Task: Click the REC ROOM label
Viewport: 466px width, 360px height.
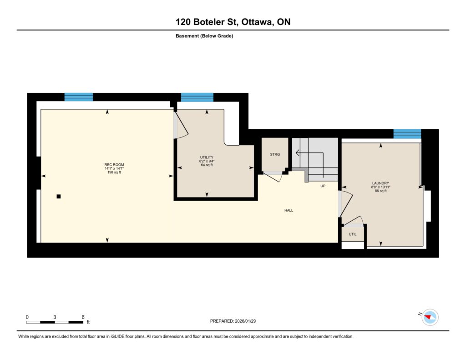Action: tap(114, 165)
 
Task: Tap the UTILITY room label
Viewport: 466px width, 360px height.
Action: tap(207, 157)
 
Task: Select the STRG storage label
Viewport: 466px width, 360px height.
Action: tap(275, 154)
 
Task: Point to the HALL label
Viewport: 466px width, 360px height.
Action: tap(289, 210)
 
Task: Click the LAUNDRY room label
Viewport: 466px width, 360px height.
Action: tap(381, 183)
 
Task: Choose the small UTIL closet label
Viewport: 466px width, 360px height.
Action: tap(353, 234)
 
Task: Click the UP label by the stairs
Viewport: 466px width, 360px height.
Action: tap(323, 186)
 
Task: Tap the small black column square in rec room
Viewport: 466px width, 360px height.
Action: tap(59, 196)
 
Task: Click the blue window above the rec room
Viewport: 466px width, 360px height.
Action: tap(79, 97)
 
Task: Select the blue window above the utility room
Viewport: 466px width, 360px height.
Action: tap(198, 97)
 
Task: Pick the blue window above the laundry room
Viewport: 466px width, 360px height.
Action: tap(407, 134)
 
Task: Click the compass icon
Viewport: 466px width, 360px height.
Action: tap(430, 317)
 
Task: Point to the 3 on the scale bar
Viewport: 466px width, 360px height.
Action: tap(55, 317)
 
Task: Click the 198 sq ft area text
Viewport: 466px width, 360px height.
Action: tap(114, 172)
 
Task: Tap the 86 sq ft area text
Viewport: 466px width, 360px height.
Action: tap(381, 191)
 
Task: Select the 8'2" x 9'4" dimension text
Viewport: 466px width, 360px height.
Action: tap(207, 161)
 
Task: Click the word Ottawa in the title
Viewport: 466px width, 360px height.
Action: tap(258, 22)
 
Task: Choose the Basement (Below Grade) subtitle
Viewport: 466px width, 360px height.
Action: tap(204, 36)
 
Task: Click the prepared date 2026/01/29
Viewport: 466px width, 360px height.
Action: tap(245, 321)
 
